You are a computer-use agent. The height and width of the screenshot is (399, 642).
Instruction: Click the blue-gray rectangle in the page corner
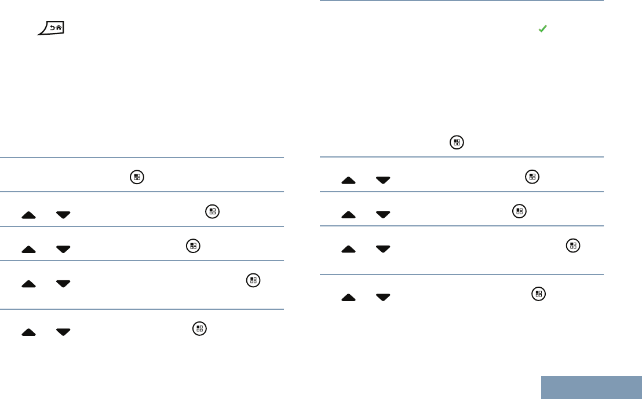[592, 387]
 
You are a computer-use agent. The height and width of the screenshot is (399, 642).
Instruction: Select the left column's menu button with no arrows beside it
[137, 177]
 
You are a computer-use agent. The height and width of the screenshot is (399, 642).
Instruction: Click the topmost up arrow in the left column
[28, 215]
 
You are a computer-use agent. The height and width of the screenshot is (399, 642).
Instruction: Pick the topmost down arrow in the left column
[63, 215]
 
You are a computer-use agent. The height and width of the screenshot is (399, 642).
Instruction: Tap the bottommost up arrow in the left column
[28, 332]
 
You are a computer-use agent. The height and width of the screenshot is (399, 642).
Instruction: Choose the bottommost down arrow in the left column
[63, 332]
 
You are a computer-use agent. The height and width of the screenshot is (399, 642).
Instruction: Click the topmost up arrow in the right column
[348, 180]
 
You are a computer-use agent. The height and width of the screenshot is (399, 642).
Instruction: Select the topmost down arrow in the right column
[383, 180]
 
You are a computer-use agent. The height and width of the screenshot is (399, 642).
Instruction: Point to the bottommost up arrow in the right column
[348, 297]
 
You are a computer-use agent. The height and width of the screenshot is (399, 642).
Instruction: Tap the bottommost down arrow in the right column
[383, 297]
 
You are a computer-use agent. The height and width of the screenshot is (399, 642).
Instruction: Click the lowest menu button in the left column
[199, 328]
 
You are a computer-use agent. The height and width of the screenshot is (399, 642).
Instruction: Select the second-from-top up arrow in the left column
[28, 250]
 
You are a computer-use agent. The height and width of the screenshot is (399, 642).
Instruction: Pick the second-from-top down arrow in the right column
[383, 215]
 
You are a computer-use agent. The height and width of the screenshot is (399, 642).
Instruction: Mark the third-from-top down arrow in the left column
[63, 284]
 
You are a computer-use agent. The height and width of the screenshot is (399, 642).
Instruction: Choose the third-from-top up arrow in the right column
[348, 250]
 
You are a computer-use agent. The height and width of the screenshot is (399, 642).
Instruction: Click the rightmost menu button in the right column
[573, 246]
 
